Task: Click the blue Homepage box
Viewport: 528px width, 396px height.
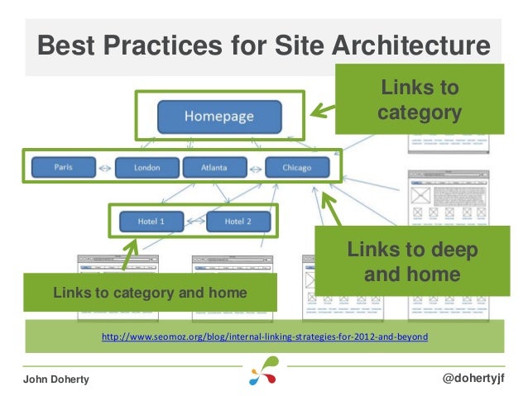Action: click(x=218, y=117)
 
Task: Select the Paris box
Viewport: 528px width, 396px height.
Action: click(x=64, y=167)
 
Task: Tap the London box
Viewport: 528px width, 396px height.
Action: click(x=147, y=168)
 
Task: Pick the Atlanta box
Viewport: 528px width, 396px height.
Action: click(x=214, y=168)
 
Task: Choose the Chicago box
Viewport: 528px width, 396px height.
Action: click(x=296, y=168)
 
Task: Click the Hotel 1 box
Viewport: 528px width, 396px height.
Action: click(x=151, y=222)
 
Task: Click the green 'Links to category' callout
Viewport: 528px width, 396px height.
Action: click(x=420, y=99)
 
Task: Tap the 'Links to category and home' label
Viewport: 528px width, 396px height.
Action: click(x=150, y=293)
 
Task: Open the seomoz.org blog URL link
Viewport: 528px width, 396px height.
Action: click(x=264, y=337)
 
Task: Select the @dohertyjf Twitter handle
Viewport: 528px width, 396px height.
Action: click(x=474, y=377)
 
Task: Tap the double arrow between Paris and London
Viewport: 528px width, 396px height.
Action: click(x=105, y=169)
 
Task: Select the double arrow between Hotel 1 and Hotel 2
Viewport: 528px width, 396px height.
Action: click(x=194, y=222)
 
